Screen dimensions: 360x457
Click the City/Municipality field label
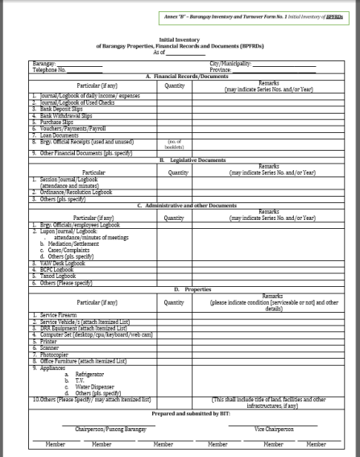[x=230, y=62]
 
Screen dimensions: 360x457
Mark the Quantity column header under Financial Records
[x=174, y=83]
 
